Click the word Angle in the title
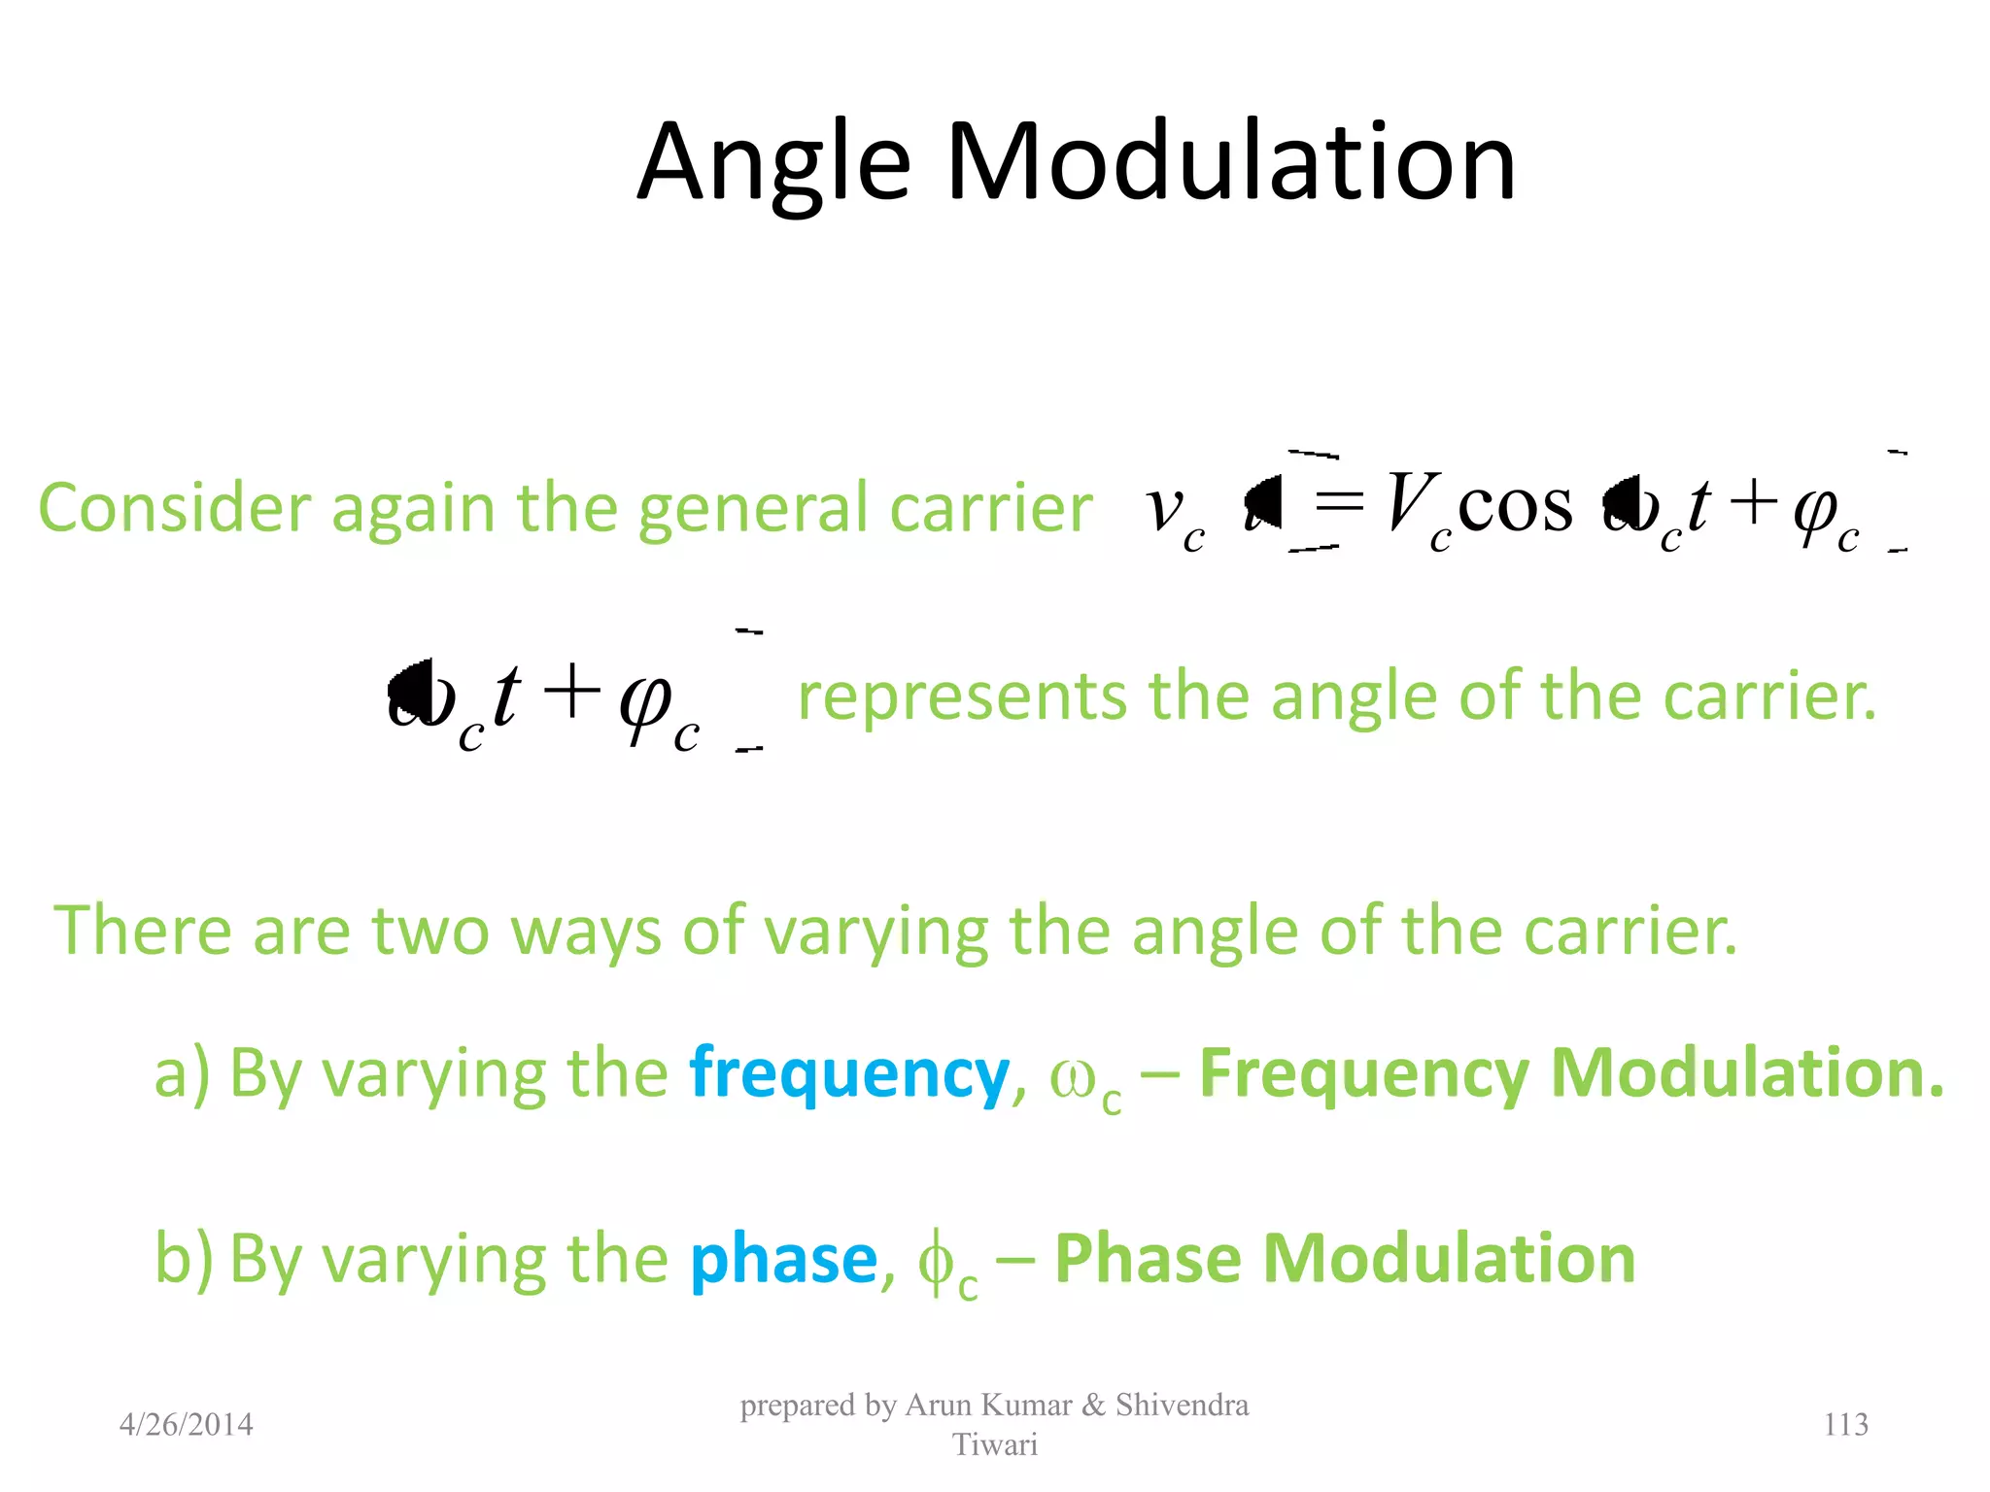773,163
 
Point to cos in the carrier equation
1514,506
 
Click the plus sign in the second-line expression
571,692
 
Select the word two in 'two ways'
429,931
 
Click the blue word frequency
849,1074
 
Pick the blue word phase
783,1259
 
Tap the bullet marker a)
182,1074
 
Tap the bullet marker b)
183,1259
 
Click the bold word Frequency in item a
1363,1074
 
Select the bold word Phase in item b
1147,1259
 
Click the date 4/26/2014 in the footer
186,1424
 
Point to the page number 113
1845,1424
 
